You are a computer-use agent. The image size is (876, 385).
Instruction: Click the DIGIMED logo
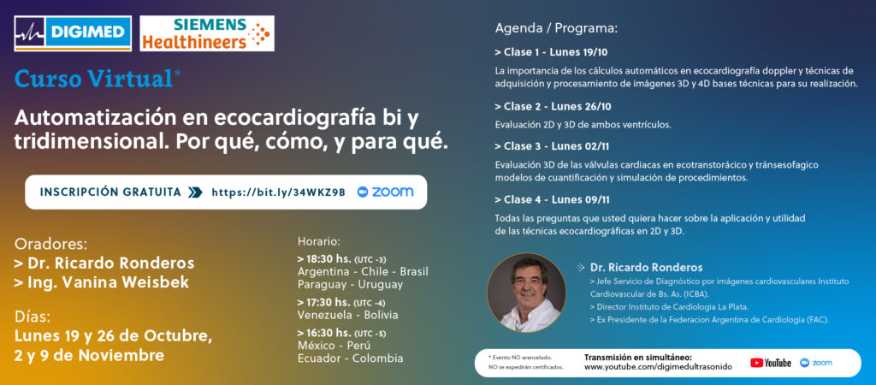click(73, 33)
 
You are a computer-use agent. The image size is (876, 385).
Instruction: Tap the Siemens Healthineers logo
click(207, 33)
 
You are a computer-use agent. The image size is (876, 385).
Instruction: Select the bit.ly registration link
click(278, 192)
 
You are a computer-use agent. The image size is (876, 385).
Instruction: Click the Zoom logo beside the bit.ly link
click(386, 192)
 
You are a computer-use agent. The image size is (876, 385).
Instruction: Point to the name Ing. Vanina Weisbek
click(102, 282)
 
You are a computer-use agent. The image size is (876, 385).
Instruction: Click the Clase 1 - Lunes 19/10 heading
click(551, 53)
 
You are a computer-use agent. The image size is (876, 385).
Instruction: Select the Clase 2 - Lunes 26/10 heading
click(552, 106)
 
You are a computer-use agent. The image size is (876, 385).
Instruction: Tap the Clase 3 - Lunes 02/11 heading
click(552, 146)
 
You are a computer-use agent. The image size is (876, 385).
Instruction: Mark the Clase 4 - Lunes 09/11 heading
click(552, 199)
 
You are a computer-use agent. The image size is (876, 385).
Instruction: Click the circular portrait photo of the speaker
click(526, 293)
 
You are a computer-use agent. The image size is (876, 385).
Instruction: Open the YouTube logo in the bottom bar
click(771, 363)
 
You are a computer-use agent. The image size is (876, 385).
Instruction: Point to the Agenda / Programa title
click(556, 28)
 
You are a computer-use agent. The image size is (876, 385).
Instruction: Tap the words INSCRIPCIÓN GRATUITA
click(110, 192)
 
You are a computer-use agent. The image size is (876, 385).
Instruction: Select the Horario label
click(319, 242)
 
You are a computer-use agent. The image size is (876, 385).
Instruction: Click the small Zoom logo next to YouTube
click(815, 363)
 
